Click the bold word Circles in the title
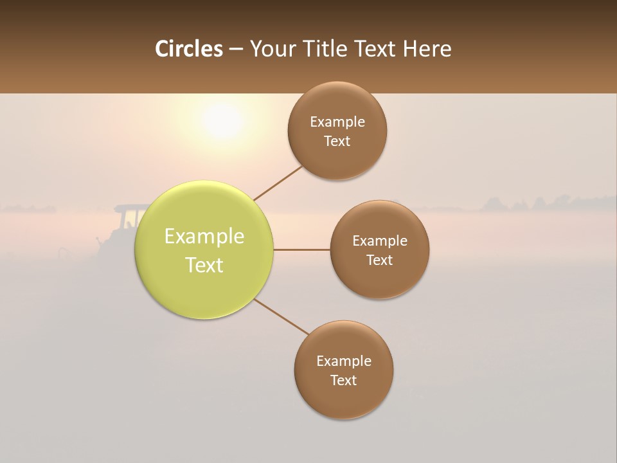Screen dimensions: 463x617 [x=189, y=49]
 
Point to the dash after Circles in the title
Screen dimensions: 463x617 [x=236, y=50]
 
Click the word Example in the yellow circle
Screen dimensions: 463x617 [x=204, y=236]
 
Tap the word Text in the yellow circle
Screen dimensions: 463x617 [x=204, y=265]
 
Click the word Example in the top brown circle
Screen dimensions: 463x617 [x=337, y=122]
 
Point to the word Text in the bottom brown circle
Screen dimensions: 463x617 [x=343, y=380]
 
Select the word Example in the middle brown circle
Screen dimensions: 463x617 [x=379, y=241]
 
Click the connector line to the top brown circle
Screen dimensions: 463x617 [x=278, y=183]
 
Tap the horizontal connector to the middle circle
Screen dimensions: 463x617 [x=301, y=250]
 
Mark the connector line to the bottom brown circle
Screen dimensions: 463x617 [x=281, y=316]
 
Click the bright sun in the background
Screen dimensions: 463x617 [x=222, y=120]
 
